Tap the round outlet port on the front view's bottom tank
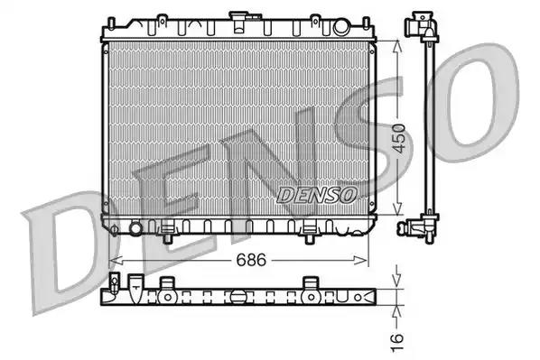(x=135, y=229)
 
